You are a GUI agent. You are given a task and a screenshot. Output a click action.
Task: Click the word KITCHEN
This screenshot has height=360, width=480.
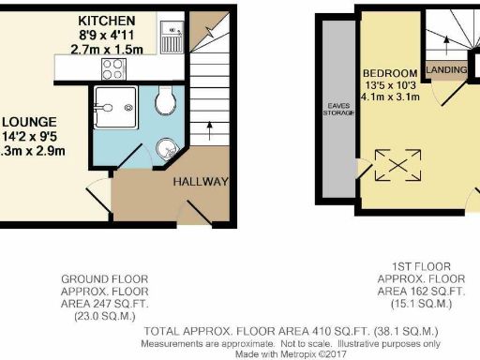(x=106, y=21)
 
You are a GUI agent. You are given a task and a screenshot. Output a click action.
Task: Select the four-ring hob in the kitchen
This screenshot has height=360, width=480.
(x=114, y=68)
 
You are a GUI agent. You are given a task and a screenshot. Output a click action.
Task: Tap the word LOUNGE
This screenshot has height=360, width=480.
(x=30, y=122)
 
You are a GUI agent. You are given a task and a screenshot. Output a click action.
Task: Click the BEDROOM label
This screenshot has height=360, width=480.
(x=392, y=74)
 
